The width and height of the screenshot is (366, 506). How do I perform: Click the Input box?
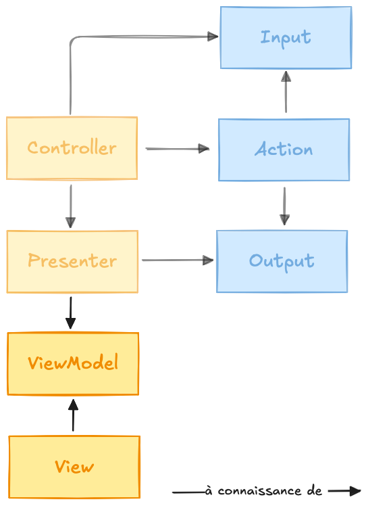pos(286,37)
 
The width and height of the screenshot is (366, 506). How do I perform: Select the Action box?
pos(284,149)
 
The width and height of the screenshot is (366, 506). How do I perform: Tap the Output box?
pos(282,261)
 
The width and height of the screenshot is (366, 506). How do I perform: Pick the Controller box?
pos(72,147)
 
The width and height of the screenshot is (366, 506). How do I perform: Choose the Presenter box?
pos(72,262)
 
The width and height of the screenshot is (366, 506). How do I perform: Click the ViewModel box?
pos(73,364)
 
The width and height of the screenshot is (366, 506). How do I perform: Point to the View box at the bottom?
pos(74,467)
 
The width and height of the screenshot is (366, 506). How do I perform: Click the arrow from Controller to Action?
pos(178,149)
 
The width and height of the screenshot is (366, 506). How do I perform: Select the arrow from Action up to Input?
pos(286,92)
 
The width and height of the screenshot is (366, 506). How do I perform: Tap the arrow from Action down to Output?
pos(284,206)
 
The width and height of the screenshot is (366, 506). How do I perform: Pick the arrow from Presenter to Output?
pos(178,260)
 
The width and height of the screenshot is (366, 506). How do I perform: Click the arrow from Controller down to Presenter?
pos(70,206)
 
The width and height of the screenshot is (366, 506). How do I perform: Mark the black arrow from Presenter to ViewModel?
pos(70,313)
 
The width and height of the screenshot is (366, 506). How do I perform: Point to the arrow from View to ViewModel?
pos(73,415)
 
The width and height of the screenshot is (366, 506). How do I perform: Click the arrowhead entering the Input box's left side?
pos(213,37)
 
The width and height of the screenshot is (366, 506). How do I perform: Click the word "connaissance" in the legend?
pos(260,491)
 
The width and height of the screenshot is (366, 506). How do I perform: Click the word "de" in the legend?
pos(315,491)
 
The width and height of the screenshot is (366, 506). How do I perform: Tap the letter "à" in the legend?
pos(209,491)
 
